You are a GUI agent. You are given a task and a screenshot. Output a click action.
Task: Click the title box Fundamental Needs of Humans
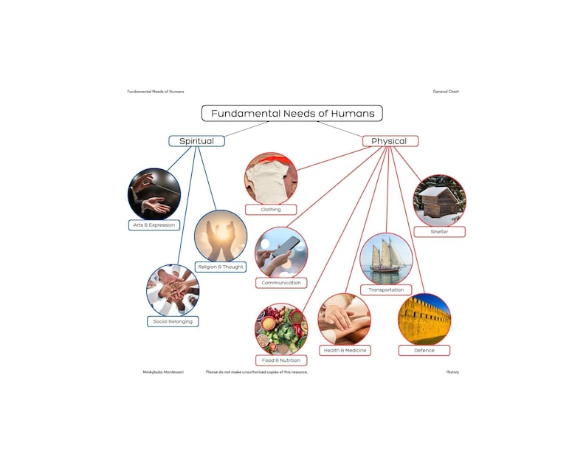pos(292,113)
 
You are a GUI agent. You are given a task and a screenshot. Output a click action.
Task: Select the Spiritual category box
pos(196,140)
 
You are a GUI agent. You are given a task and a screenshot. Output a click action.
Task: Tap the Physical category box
pos(389,140)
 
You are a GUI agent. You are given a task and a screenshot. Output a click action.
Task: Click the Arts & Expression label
pos(154,225)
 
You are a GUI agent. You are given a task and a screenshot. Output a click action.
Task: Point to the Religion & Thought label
pos(220,267)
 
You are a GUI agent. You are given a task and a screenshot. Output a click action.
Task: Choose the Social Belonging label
pos(172,321)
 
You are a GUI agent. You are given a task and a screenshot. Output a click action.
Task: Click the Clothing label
pos(271,209)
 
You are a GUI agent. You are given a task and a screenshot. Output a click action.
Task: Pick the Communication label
pos(281,283)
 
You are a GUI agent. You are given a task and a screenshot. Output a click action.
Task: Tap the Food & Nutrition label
pos(281,360)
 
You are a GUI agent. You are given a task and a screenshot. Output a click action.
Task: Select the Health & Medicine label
pos(345,349)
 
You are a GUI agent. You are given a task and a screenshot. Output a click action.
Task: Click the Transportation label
pos(386,290)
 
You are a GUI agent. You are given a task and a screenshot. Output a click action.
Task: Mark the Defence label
pos(424,349)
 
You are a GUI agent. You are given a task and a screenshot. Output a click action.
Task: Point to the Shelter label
pos(439,231)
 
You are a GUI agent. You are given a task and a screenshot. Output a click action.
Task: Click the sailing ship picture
pos(386,259)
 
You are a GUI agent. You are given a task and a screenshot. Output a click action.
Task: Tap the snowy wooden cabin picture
pos(439,200)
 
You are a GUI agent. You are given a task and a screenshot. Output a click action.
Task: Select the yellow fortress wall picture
pos(424,319)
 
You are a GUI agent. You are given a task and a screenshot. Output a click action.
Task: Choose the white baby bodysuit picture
pos(271,178)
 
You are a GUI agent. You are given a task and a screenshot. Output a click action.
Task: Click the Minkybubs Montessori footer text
pos(163,372)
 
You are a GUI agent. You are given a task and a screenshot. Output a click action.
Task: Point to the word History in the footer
pos(452,372)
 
